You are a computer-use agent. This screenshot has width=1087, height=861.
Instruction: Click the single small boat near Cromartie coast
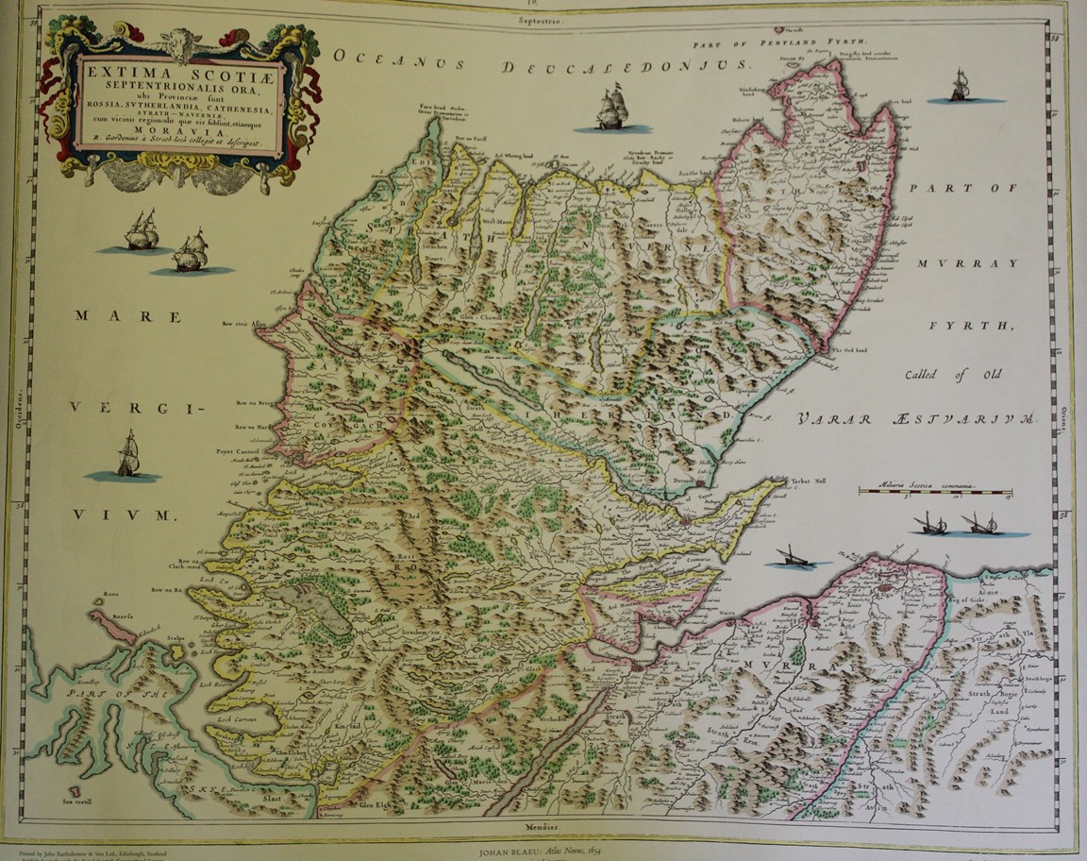[791, 559]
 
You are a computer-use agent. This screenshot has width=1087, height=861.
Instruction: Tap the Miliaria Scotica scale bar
[934, 492]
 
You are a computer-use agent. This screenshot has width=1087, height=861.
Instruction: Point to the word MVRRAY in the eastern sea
[965, 262]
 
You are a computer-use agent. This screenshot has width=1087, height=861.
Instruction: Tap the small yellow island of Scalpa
[177, 651]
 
